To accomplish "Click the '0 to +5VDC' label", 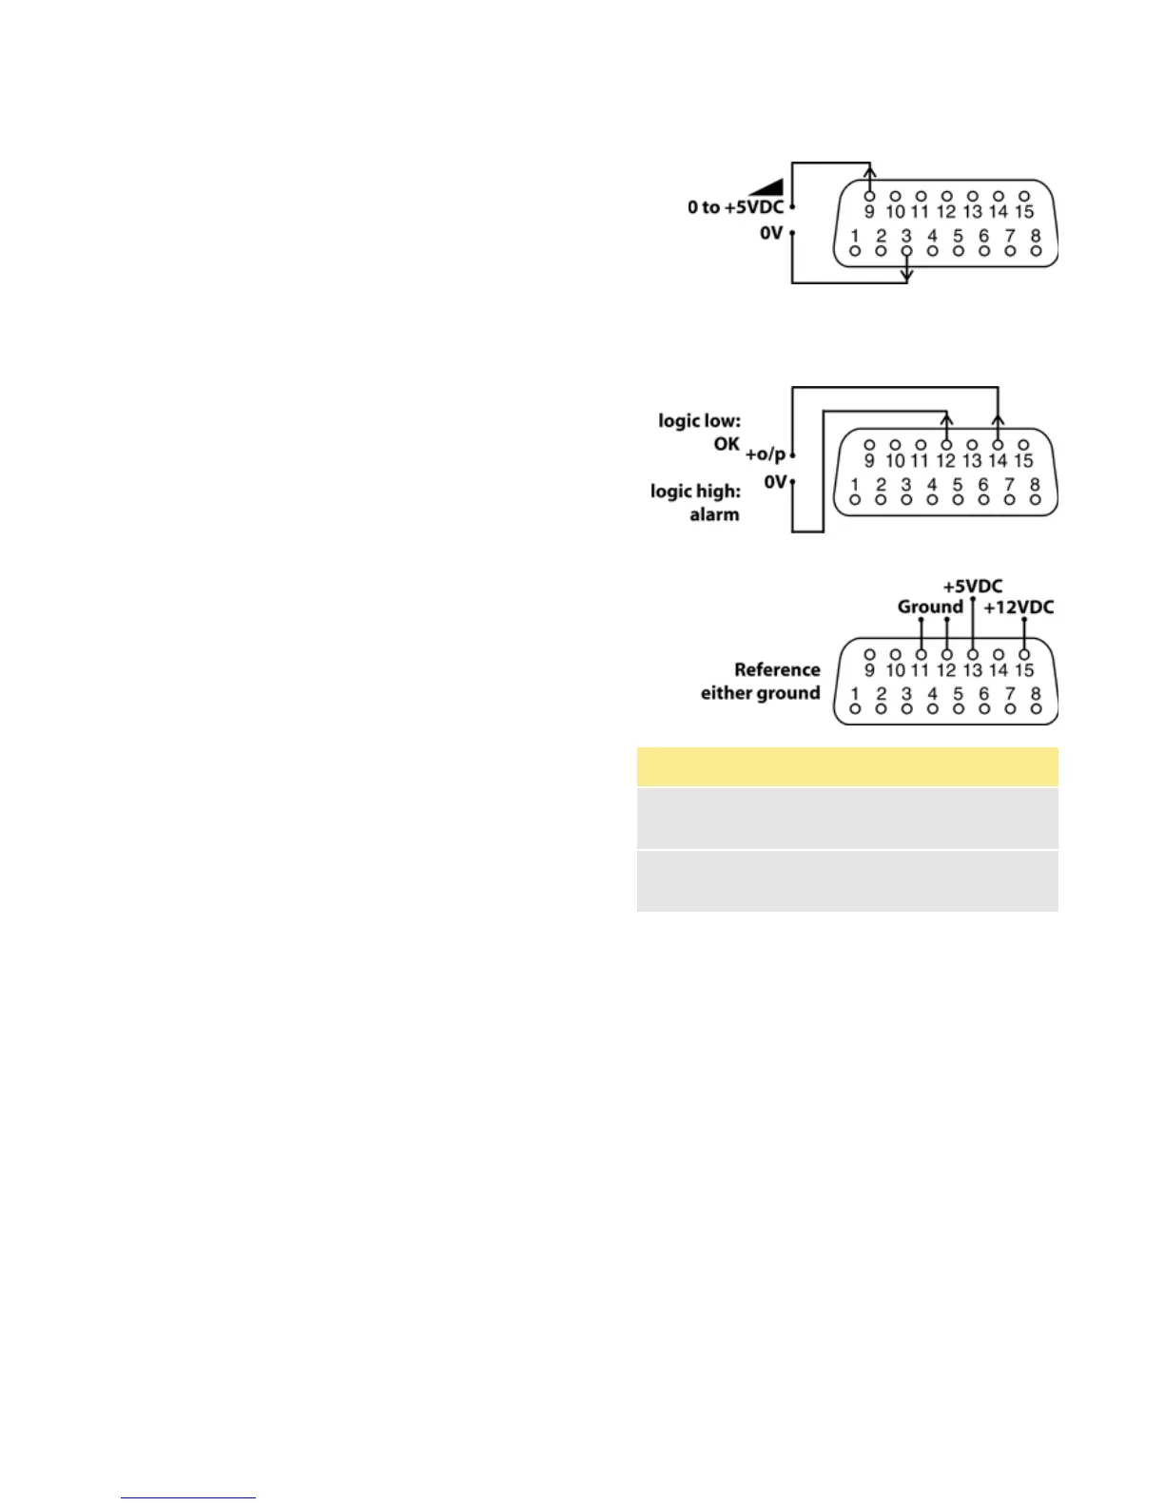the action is (x=735, y=207).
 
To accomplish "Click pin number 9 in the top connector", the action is (x=869, y=212).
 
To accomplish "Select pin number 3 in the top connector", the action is (x=906, y=236).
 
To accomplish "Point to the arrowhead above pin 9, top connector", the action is (x=870, y=172).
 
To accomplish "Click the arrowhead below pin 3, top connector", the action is (x=907, y=276).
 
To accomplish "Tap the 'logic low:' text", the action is (x=699, y=420).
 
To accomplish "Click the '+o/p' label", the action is (x=766, y=454).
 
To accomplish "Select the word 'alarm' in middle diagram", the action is (x=714, y=514).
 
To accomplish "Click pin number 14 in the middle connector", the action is (x=998, y=461).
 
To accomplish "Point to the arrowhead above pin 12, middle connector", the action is (x=946, y=419).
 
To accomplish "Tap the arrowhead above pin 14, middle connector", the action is (x=998, y=419).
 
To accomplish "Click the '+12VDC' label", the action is (x=1018, y=608).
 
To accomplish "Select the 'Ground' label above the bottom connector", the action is (x=930, y=608).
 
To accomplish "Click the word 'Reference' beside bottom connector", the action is (x=777, y=669).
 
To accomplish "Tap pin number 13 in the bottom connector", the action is (x=972, y=670).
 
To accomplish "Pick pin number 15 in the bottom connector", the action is (x=1023, y=670).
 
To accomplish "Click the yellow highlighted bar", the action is (x=846, y=766).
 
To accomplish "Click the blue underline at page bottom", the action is (x=187, y=1498).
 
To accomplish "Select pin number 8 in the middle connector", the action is (x=1036, y=485).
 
